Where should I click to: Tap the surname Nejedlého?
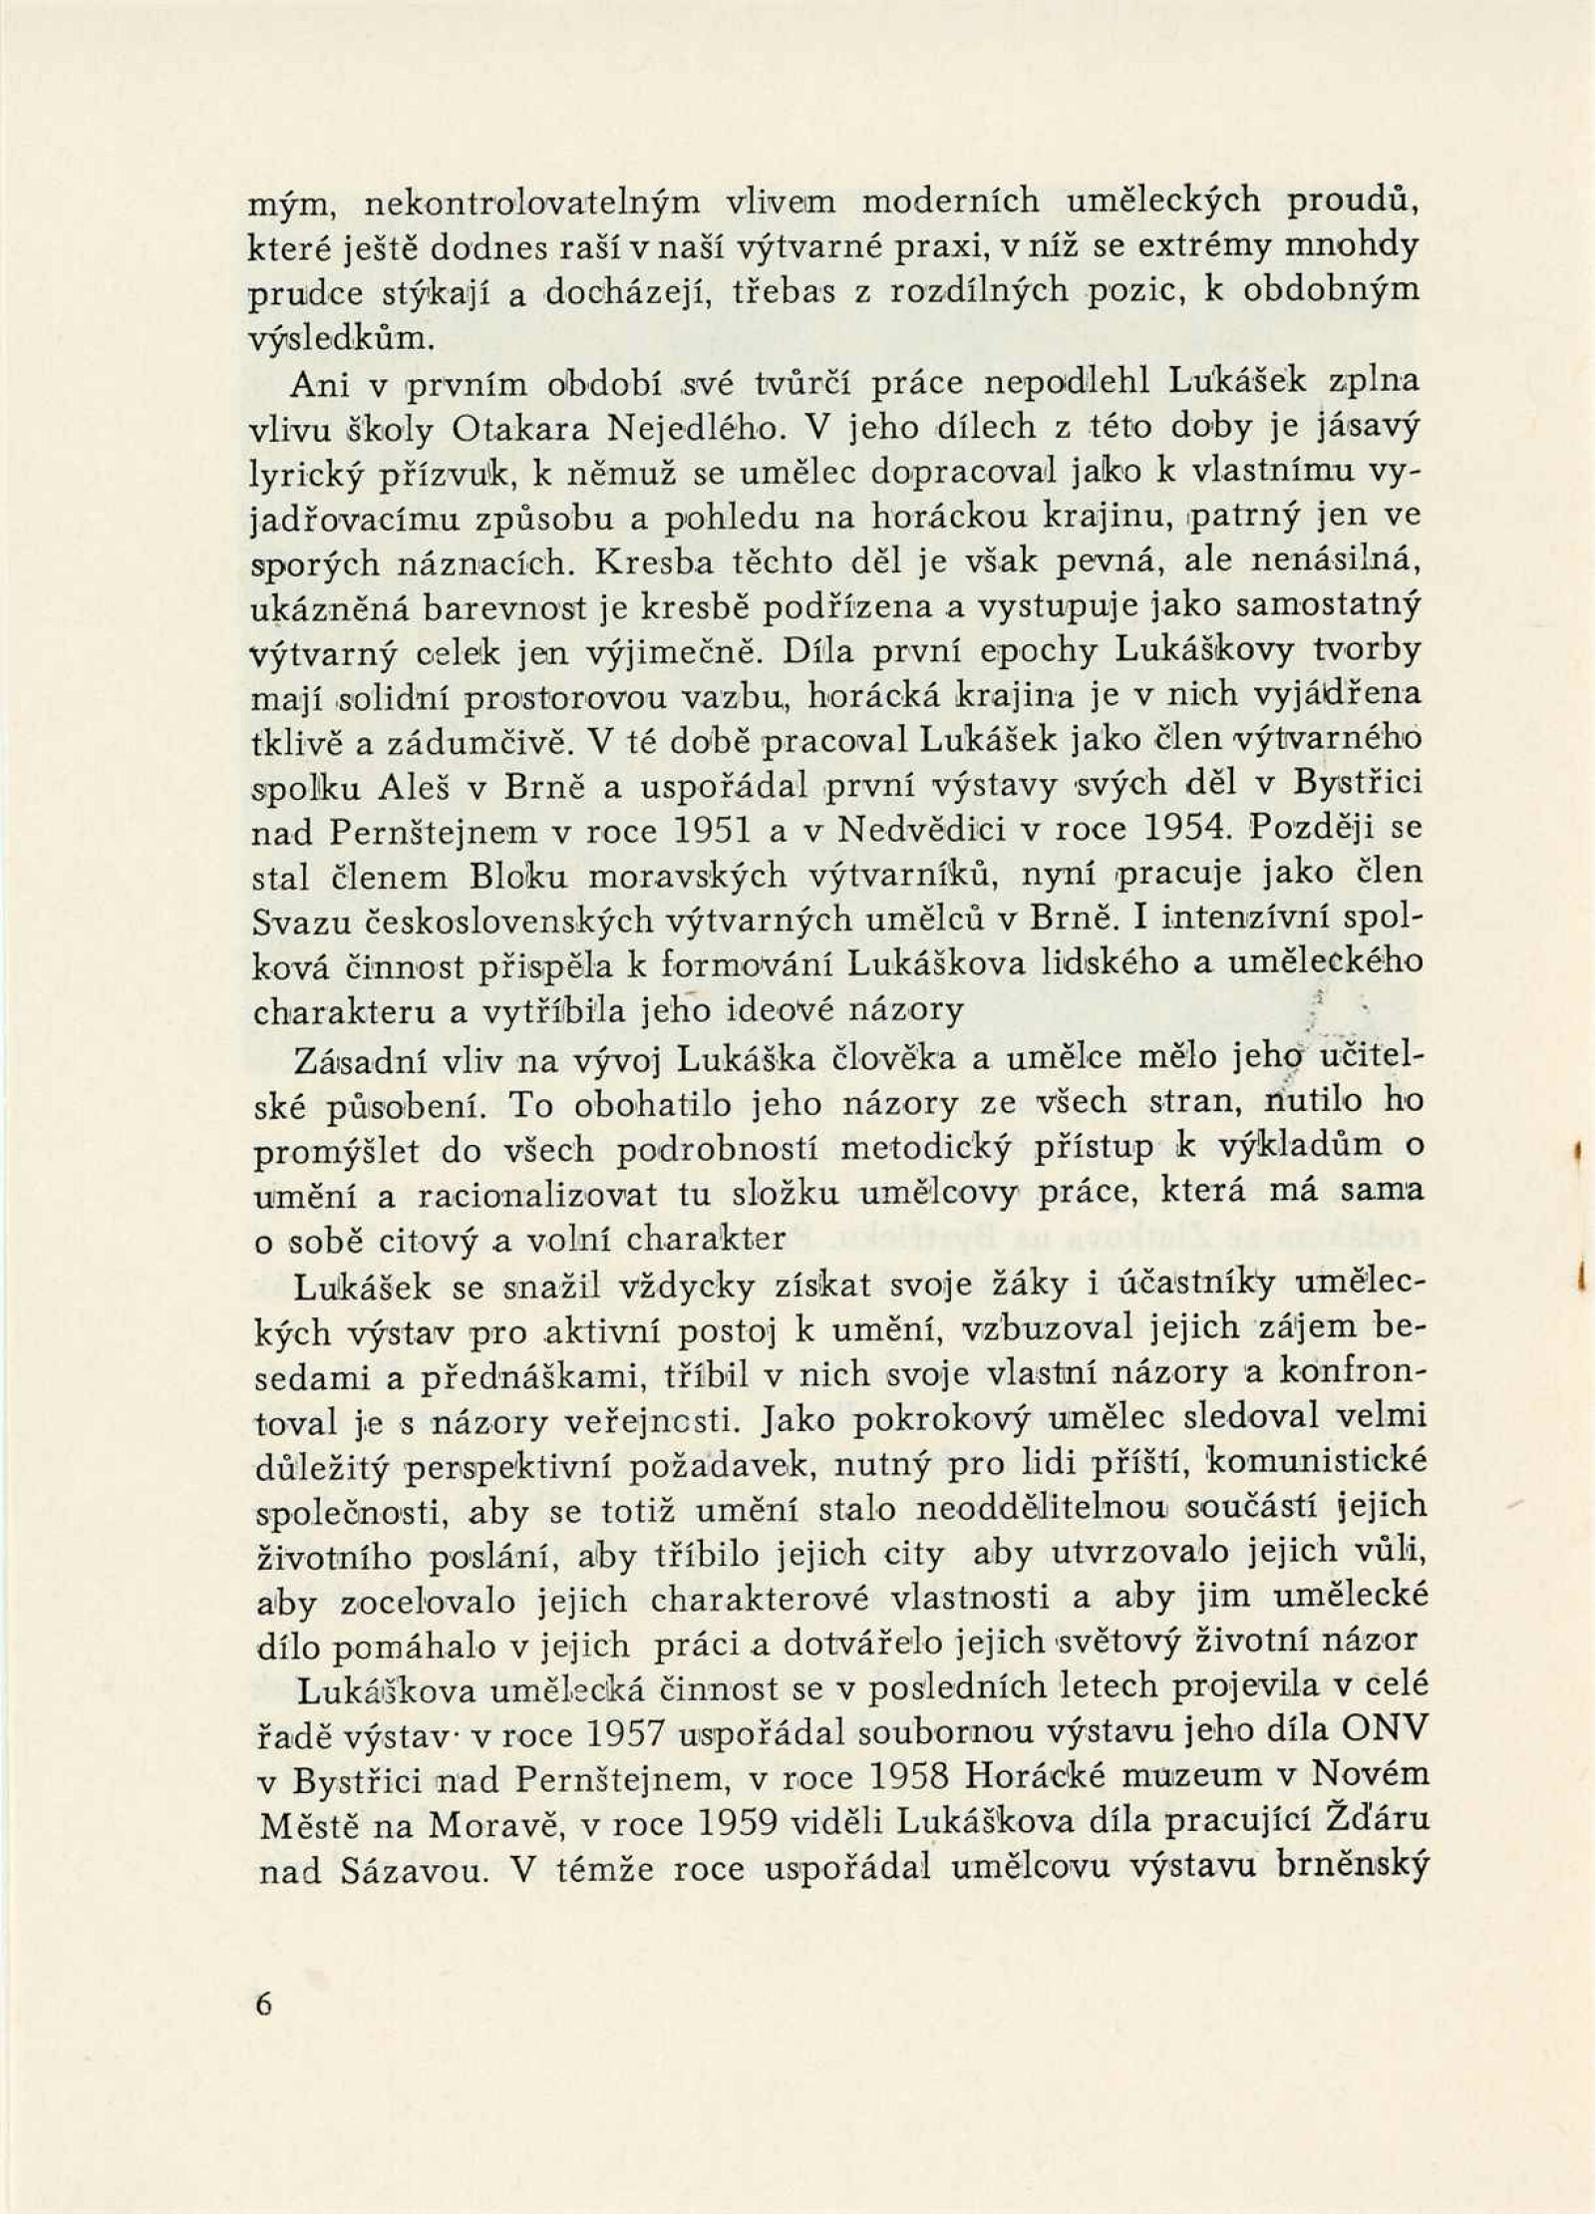[695, 430]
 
